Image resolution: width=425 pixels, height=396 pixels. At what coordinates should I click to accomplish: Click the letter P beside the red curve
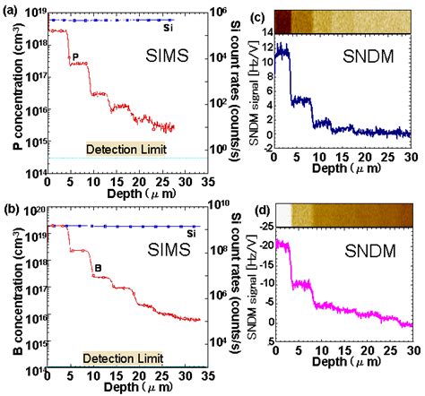[77, 57]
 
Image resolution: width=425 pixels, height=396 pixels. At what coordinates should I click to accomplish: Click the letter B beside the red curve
[97, 266]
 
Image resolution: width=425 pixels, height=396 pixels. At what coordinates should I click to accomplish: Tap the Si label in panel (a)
[168, 28]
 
